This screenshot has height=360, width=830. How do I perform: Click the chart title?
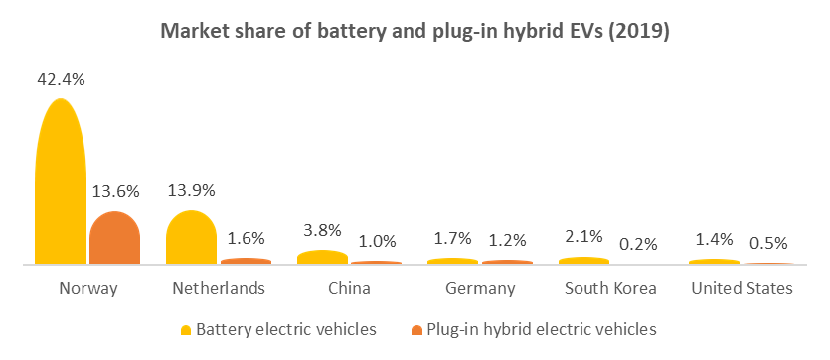point(415,31)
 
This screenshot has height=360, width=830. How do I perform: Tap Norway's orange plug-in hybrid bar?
point(115,240)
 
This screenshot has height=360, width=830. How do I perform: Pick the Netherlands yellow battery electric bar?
point(191,240)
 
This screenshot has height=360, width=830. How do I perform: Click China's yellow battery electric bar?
point(322,258)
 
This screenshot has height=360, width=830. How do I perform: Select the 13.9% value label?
point(191,190)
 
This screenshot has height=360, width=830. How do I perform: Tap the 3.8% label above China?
point(322,230)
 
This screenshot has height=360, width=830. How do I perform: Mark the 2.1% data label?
point(584,237)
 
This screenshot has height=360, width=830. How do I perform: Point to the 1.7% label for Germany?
point(453,239)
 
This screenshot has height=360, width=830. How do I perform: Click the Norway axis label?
point(88,289)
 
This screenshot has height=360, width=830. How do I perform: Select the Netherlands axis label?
point(219,289)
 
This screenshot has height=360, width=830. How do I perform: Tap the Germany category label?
point(481,289)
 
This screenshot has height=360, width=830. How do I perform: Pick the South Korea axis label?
point(610,289)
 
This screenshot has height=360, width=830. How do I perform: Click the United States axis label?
point(742,289)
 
